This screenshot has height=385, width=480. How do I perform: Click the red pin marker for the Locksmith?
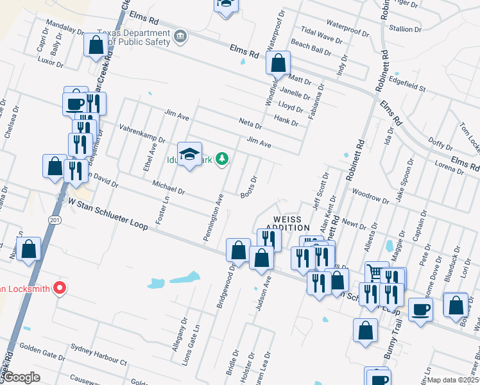[x=60, y=287]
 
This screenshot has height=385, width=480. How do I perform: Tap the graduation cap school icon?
[x=189, y=154]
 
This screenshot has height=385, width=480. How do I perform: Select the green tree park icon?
[x=222, y=158]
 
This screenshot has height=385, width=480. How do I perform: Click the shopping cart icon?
[x=375, y=272]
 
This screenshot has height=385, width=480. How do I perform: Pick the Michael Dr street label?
[x=168, y=187]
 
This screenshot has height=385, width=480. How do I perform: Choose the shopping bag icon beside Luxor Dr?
[x=96, y=46]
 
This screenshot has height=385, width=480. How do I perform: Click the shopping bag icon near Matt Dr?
[x=279, y=64]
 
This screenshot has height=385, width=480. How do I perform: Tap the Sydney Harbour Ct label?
[x=99, y=357]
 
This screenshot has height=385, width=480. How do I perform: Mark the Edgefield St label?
[x=407, y=85]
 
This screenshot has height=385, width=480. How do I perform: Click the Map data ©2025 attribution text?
[x=453, y=380]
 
